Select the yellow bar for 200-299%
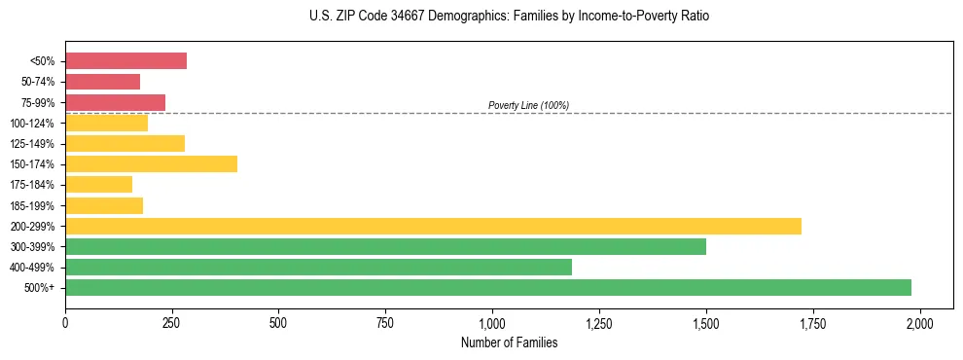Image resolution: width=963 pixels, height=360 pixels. point(433,226)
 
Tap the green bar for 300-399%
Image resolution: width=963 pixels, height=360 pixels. point(385,246)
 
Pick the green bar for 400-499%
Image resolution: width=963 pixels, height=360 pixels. point(318,267)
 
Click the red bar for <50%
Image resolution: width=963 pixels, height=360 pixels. point(125,61)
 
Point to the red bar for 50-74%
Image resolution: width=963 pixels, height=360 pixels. point(102,82)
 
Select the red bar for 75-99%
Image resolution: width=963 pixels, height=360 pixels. point(115,102)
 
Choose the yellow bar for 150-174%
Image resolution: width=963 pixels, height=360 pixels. point(151,164)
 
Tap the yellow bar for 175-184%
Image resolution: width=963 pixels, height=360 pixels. point(98,185)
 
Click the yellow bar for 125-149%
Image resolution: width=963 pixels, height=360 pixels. point(125,144)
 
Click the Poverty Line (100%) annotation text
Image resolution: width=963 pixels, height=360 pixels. point(528,105)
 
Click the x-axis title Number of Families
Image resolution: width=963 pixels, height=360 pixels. point(509,342)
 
